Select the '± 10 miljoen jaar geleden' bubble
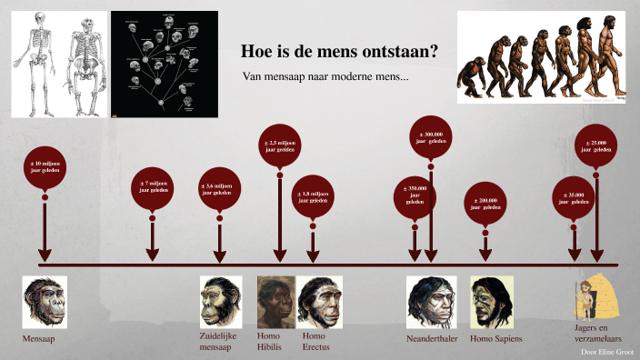click(x=44, y=166)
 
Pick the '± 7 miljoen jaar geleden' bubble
click(x=153, y=188)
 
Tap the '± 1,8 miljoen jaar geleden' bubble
click(x=313, y=196)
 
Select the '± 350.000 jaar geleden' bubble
click(x=415, y=195)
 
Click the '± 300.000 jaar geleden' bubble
click(x=432, y=138)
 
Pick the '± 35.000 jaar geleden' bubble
click(x=574, y=196)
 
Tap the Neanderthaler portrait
click(x=430, y=302)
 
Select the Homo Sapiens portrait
click(x=492, y=302)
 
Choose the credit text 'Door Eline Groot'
click(x=606, y=350)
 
